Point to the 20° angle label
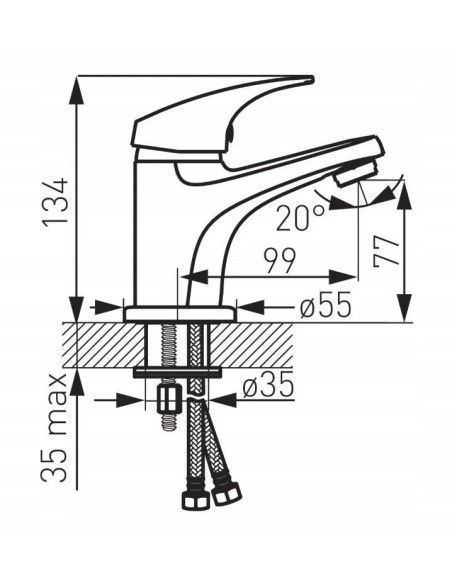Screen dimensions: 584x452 [299, 214]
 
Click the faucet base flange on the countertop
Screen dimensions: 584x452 [180, 314]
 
